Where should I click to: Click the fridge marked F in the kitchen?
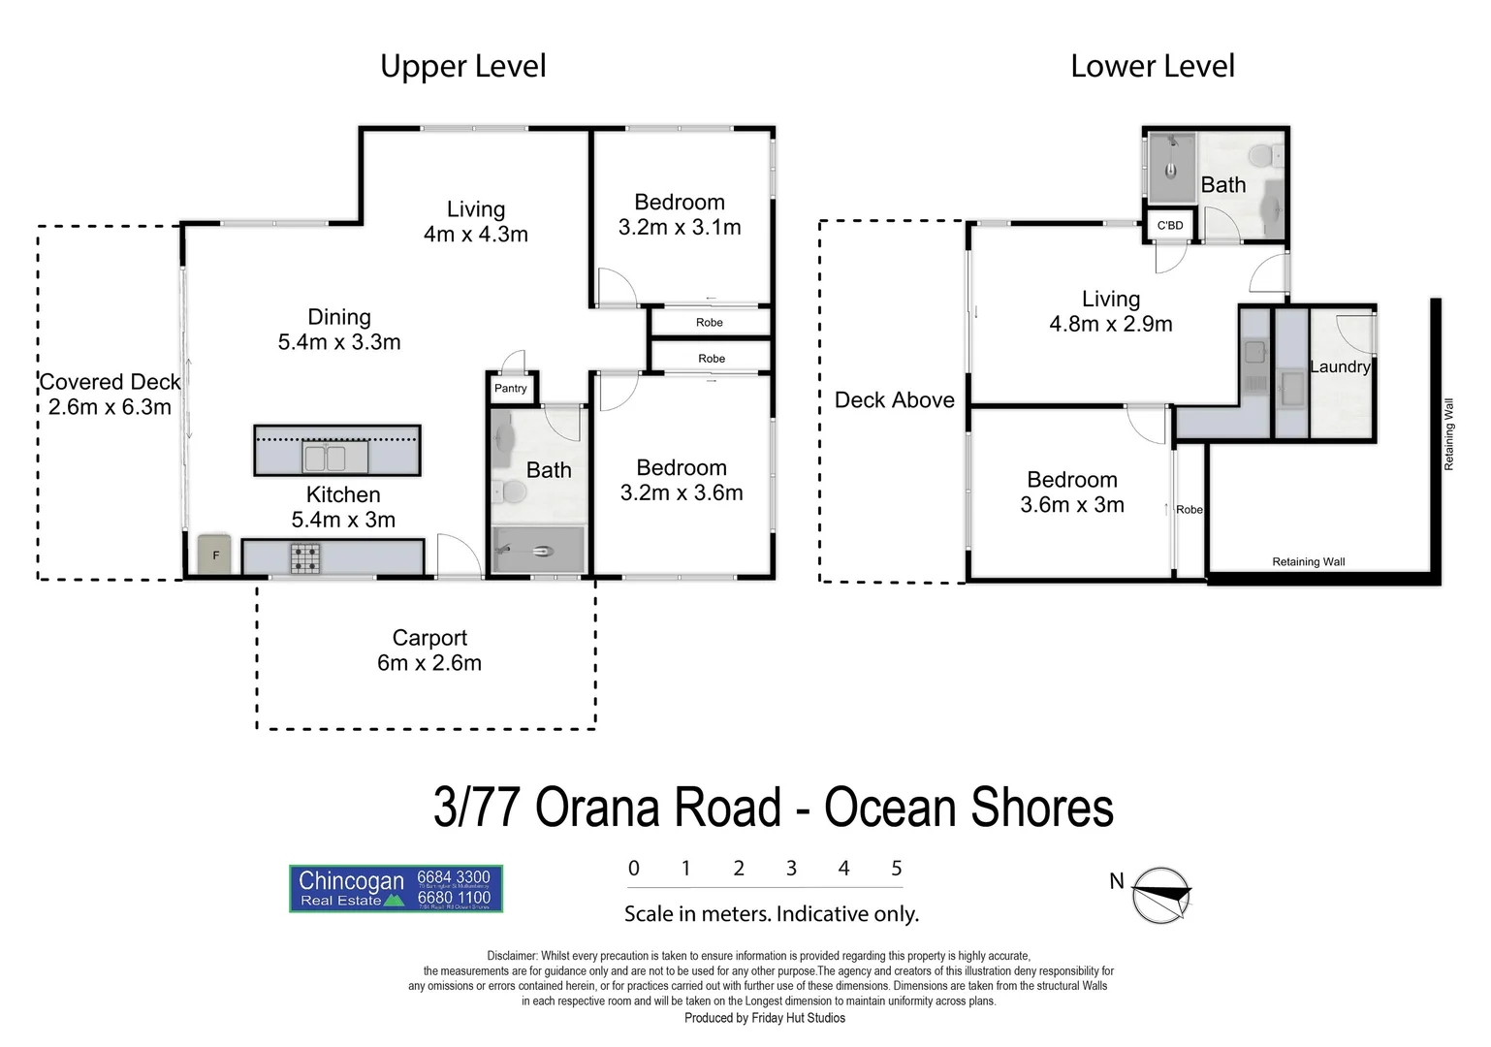(215, 555)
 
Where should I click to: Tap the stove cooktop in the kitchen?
(305, 557)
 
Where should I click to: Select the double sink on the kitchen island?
(326, 457)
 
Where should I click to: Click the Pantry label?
(511, 389)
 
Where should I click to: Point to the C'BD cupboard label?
(1170, 226)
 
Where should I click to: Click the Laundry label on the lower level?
(1340, 366)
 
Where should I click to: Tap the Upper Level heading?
(462, 66)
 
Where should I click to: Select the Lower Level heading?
(1152, 66)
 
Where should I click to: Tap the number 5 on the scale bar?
(897, 869)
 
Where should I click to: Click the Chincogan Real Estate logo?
(396, 889)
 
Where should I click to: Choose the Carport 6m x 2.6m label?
(429, 650)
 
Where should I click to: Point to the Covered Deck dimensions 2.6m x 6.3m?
(110, 407)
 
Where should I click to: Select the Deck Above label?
(894, 400)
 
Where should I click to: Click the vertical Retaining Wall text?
(1449, 434)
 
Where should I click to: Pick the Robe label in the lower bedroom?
(1190, 510)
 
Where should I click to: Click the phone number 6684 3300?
(454, 877)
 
